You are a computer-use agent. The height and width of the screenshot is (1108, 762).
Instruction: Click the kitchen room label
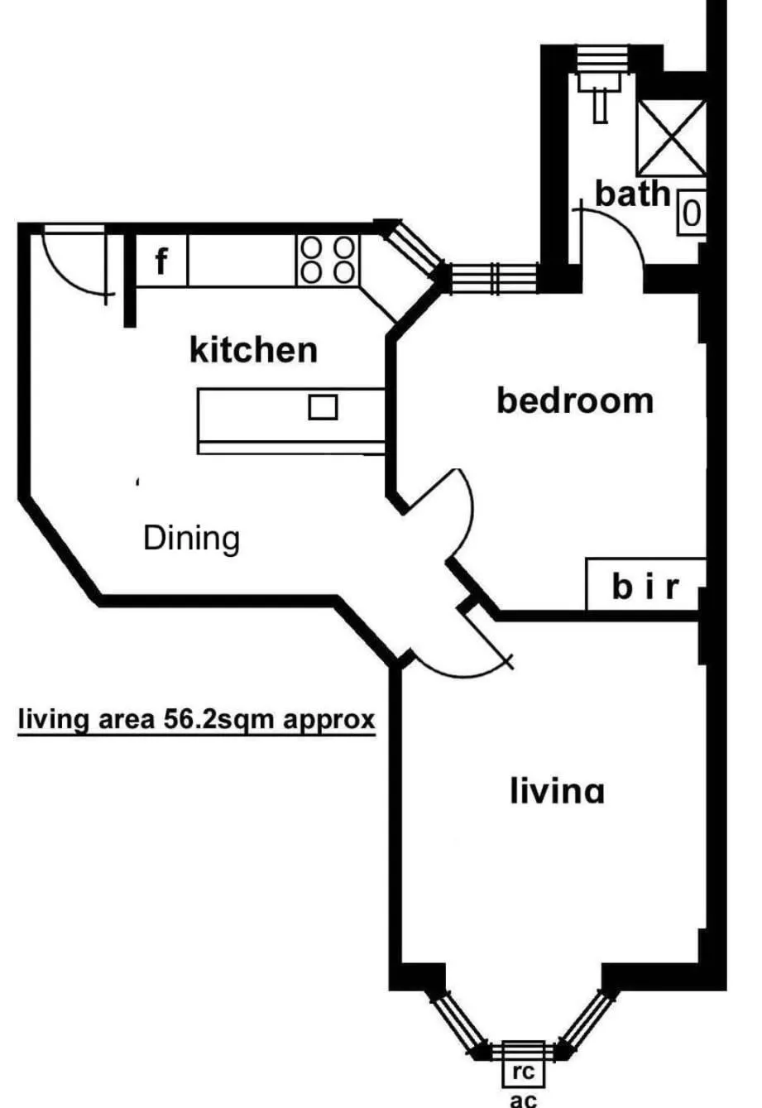click(253, 350)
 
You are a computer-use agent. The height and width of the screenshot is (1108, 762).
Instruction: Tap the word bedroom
click(575, 401)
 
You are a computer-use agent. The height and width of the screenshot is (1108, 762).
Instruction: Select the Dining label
click(192, 539)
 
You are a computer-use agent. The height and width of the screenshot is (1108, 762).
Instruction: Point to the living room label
click(557, 791)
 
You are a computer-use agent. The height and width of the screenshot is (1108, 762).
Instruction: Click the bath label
click(632, 194)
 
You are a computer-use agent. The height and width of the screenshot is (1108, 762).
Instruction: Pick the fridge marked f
click(162, 262)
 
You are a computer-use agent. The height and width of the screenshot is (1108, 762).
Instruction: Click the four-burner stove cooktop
click(328, 259)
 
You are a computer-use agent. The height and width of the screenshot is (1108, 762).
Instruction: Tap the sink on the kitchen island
click(323, 407)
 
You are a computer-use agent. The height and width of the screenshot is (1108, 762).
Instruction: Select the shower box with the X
click(671, 138)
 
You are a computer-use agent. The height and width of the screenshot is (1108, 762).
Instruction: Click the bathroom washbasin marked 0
click(692, 214)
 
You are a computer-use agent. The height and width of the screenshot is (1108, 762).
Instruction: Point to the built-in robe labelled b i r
click(645, 586)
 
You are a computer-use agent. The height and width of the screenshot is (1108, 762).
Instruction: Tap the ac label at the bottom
click(523, 1100)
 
